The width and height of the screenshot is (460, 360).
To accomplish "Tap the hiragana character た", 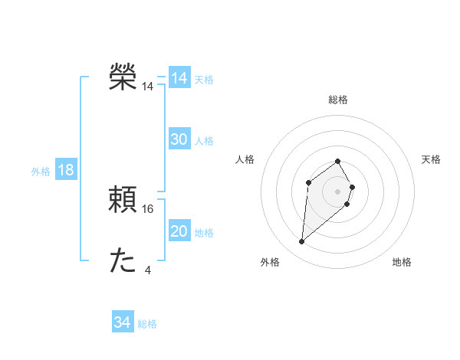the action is tap(123, 260).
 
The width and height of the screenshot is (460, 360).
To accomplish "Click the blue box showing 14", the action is tap(179, 78).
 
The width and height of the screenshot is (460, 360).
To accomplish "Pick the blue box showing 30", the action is tap(179, 139).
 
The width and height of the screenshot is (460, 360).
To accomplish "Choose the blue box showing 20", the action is tap(179, 231).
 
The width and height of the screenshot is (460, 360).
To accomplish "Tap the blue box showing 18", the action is tap(66, 170).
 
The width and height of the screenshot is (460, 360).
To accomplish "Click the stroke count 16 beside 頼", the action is tap(148, 208).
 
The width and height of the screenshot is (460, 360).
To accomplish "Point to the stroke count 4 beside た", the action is tap(148, 270).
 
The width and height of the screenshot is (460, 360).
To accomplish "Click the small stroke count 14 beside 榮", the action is tap(148, 87).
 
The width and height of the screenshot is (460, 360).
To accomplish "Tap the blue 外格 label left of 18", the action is tap(41, 172).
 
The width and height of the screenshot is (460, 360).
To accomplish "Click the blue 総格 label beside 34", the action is tap(147, 324).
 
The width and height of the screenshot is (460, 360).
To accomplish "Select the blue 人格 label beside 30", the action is tap(204, 141).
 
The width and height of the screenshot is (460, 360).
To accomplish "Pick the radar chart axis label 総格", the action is tap(338, 100).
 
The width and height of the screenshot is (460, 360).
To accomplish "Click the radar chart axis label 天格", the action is tap(432, 159).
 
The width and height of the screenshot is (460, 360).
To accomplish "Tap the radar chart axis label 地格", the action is tap(402, 262).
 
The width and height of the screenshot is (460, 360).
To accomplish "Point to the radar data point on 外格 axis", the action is tap(302, 242).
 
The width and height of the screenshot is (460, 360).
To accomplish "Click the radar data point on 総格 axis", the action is tap(338, 162).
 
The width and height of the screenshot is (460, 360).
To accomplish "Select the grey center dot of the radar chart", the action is tap(338, 191).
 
